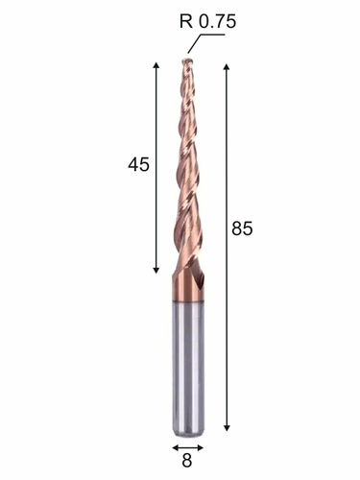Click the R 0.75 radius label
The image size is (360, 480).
tap(207, 22)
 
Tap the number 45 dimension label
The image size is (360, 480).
tap(138, 165)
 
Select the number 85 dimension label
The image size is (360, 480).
tap(242, 228)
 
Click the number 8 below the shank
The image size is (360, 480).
tap(186, 461)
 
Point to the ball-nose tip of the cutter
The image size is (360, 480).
tap(187, 60)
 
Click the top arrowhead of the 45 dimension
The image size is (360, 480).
tap(156, 65)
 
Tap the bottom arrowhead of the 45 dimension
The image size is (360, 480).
tap(156, 270)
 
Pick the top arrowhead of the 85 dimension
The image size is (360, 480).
tap(227, 67)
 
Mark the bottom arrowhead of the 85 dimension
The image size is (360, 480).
tap(227, 427)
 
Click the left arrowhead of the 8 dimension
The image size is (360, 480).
tap(176, 447)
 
